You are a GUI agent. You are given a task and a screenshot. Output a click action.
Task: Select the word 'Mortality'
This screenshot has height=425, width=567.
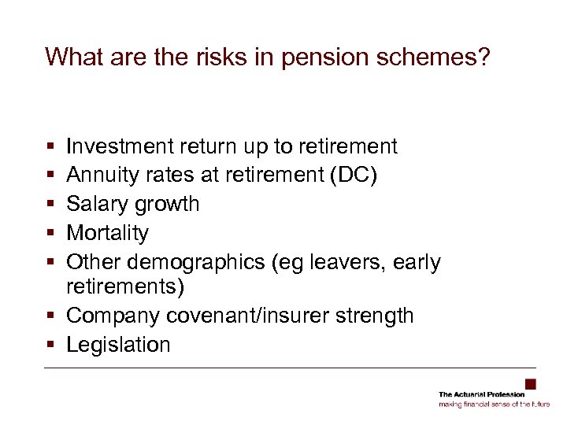click(107, 233)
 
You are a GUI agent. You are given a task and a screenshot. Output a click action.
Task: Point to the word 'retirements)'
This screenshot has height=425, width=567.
click(126, 286)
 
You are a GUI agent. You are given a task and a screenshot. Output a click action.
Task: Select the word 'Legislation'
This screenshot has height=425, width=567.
click(118, 345)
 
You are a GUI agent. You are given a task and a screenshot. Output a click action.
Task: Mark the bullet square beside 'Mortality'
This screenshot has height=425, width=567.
click(50, 234)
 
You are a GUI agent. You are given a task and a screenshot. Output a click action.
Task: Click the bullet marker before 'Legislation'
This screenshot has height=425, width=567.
click(50, 346)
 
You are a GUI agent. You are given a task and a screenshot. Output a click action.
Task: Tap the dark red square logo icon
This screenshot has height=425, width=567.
click(530, 384)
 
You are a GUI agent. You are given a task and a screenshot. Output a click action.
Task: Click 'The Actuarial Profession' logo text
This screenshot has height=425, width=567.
click(481, 394)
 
